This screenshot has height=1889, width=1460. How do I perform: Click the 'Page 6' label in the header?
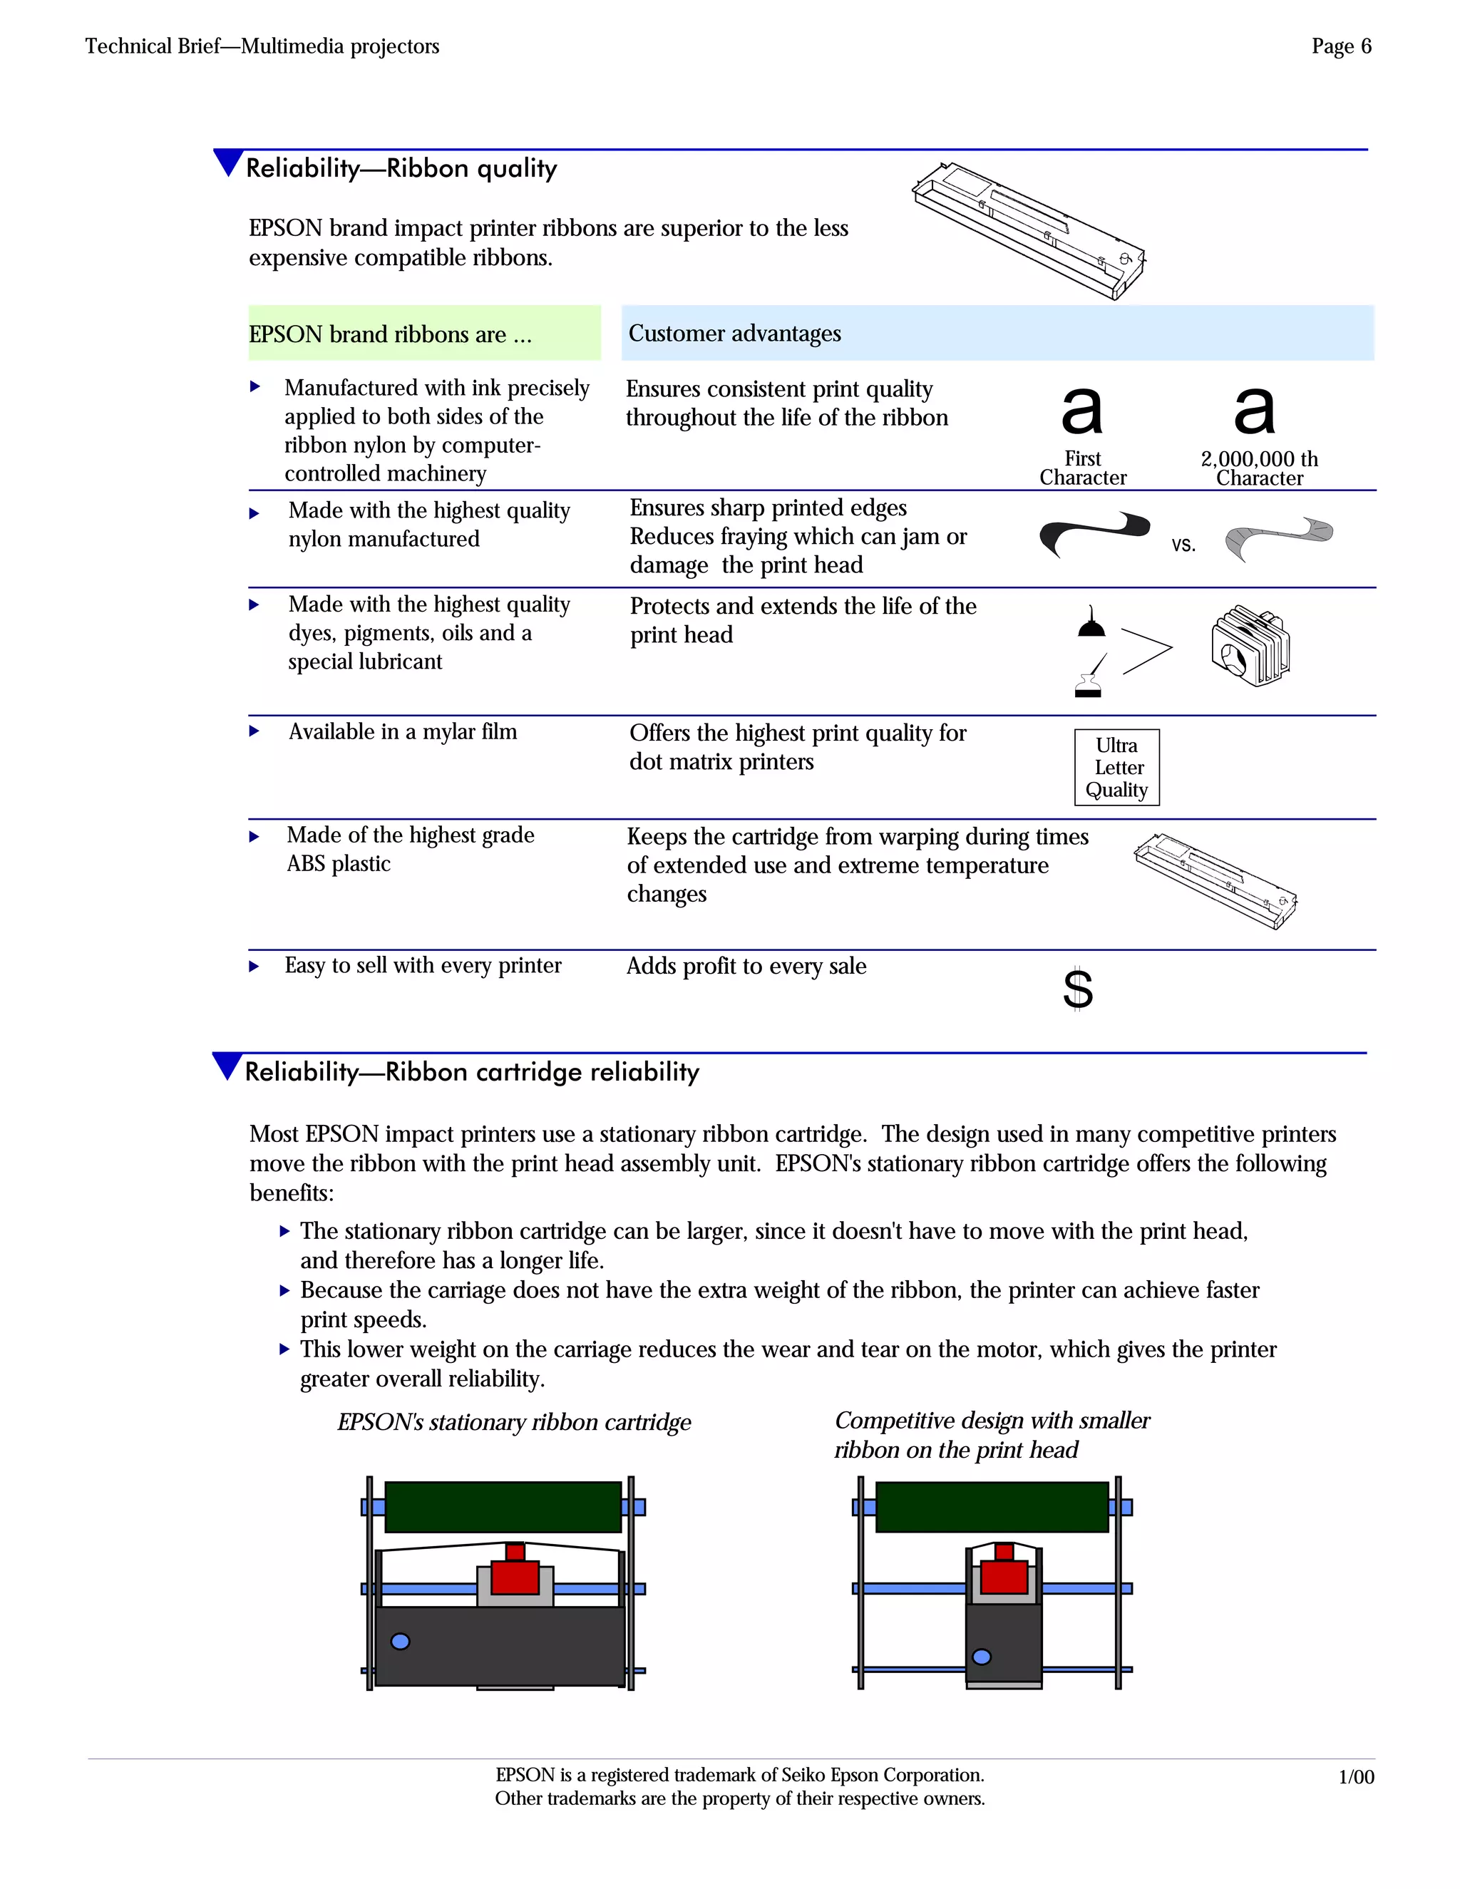tap(1341, 47)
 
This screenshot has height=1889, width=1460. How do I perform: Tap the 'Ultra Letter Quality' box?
tap(1116, 767)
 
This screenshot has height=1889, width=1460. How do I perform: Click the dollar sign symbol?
tap(1078, 988)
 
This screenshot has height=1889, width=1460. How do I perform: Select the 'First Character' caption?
tap(1083, 468)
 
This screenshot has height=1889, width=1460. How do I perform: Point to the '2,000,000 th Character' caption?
tap(1260, 468)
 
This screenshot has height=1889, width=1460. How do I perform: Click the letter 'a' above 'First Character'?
tap(1082, 410)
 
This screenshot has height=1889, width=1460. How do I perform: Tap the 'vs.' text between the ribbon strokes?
tap(1183, 544)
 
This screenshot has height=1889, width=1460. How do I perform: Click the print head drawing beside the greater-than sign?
tap(1250, 645)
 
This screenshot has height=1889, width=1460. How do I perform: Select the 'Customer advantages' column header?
tap(734, 333)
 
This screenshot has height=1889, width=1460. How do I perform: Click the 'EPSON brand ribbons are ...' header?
tap(390, 334)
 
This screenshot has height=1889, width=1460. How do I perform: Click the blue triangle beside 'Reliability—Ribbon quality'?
tap(227, 162)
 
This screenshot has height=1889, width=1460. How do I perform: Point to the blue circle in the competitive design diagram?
tap(982, 1657)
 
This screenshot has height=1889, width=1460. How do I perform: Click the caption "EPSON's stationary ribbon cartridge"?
tap(514, 1422)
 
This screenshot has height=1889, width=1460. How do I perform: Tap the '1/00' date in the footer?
tap(1355, 1776)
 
